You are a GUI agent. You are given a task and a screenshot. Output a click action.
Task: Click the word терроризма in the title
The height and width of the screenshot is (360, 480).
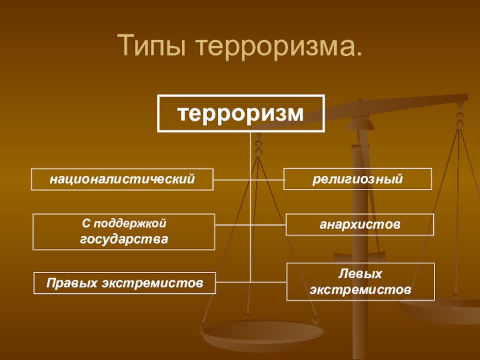tap(274, 46)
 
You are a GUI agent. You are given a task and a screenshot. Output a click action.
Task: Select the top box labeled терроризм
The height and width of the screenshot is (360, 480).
tap(241, 113)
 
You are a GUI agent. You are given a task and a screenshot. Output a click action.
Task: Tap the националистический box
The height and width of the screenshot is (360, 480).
tap(123, 179)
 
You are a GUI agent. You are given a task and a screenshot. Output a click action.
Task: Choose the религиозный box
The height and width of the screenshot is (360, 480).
tap(357, 179)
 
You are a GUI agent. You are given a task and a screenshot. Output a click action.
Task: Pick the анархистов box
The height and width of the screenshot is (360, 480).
tap(359, 224)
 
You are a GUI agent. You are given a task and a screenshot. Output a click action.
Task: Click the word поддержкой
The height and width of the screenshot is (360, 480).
tap(129, 224)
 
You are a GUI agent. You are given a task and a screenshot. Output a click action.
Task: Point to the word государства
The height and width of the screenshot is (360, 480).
tap(124, 239)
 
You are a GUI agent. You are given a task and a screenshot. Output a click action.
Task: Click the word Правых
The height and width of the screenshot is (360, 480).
tap(70, 282)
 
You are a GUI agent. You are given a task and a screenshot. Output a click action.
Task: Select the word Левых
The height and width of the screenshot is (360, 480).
tap(361, 274)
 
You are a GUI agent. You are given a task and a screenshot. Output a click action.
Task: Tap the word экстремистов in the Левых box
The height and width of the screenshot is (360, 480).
tap(361, 289)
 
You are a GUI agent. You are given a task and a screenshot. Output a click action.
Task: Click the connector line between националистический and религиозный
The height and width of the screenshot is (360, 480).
tap(248, 179)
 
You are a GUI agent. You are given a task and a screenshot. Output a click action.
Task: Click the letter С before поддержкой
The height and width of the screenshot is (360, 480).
tap(85, 224)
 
